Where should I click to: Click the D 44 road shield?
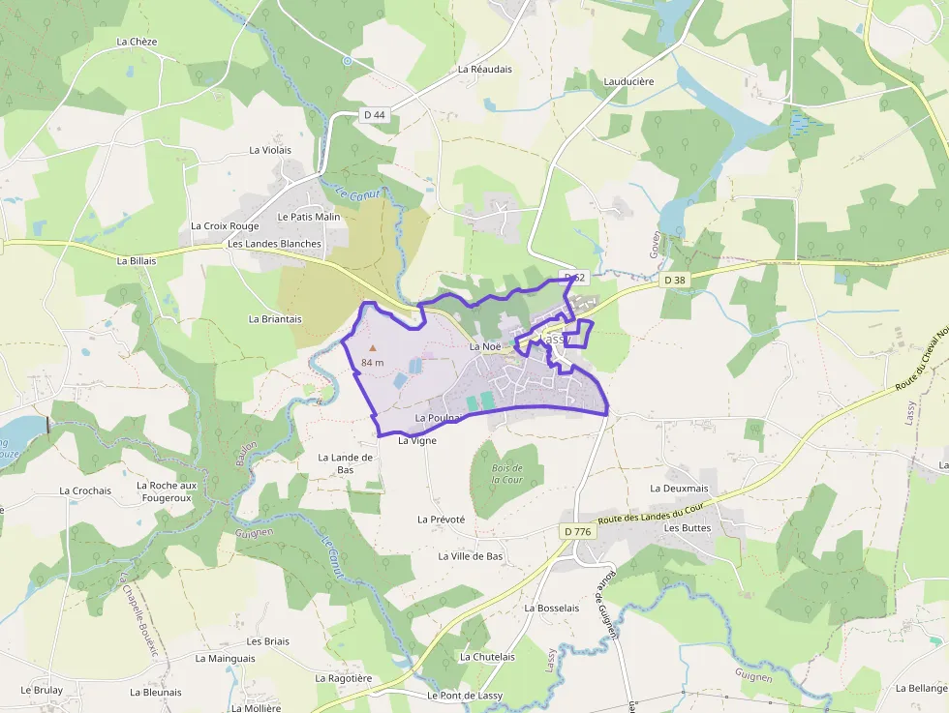(375, 115)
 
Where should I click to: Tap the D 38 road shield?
(674, 280)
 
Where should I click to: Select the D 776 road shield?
(577, 532)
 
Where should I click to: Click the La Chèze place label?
(137, 42)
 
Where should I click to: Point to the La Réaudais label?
(485, 70)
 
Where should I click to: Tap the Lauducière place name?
(628, 82)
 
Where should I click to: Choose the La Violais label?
(270, 150)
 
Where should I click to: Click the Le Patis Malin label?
(309, 217)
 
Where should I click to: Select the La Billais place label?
(137, 260)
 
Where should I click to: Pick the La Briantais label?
(275, 318)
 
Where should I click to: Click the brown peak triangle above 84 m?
(372, 346)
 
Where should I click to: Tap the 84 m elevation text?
(373, 362)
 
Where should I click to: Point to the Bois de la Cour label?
(506, 474)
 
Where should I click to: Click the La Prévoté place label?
(441, 520)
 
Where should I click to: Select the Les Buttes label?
(688, 528)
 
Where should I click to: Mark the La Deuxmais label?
(680, 489)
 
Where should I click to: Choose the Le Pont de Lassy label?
(465, 696)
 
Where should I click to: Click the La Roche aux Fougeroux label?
(167, 491)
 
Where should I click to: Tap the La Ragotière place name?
(344, 678)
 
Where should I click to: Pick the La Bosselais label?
(551, 609)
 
